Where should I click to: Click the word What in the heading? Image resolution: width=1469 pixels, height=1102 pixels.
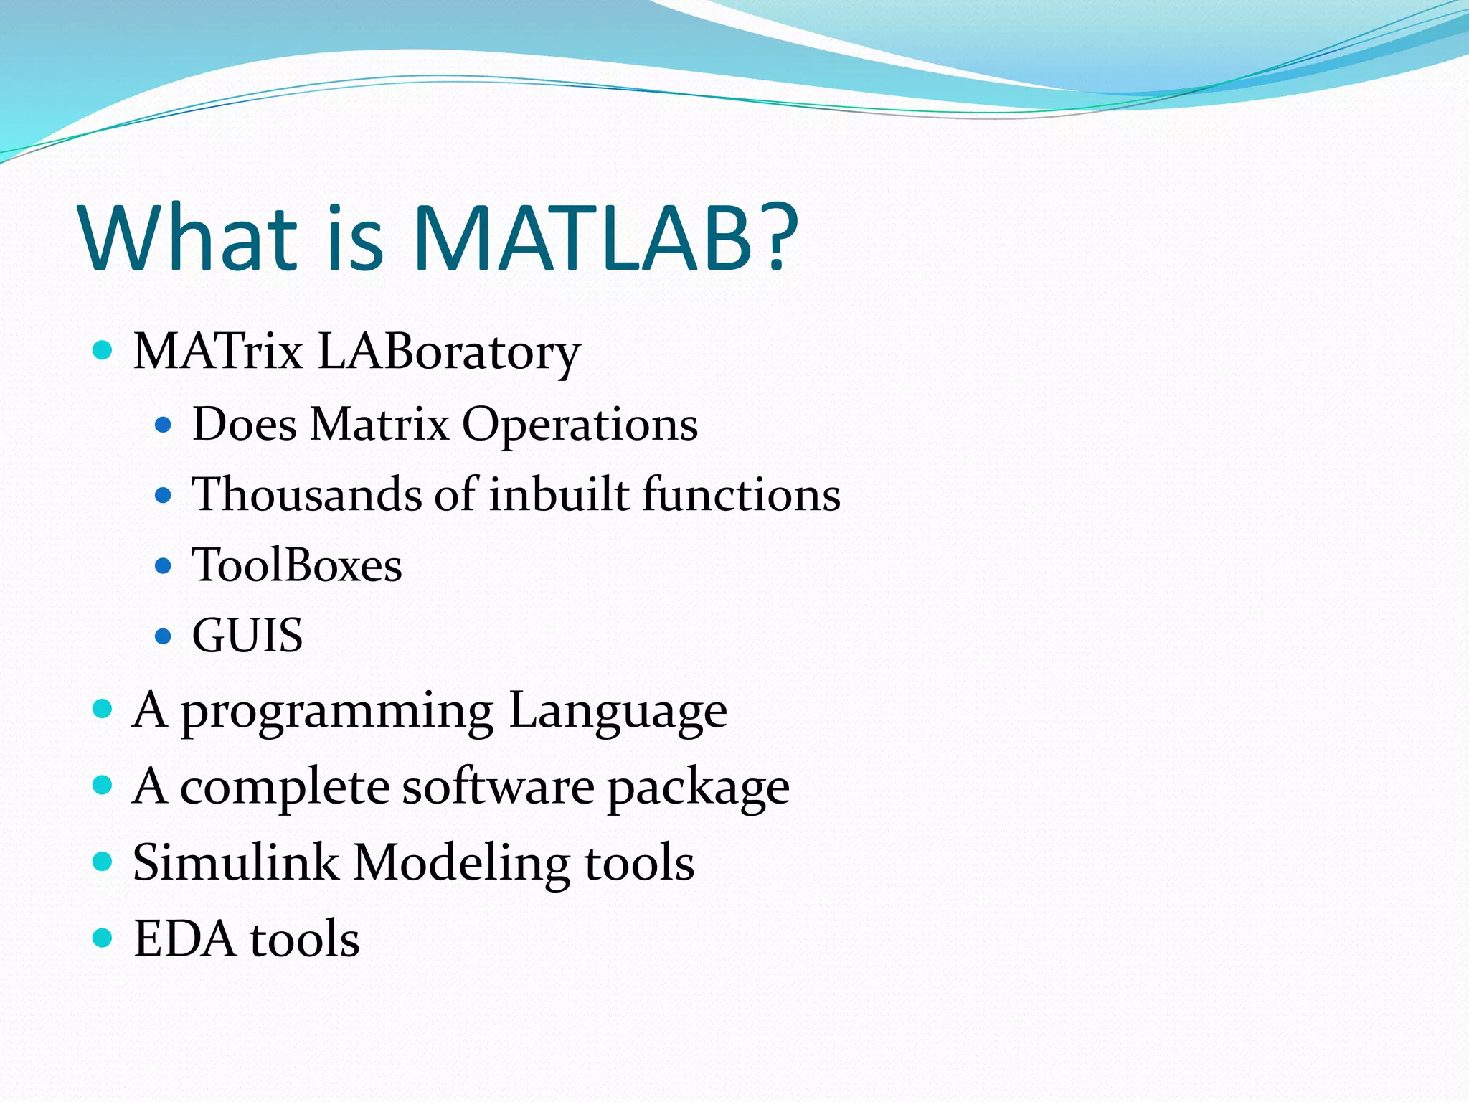(189, 238)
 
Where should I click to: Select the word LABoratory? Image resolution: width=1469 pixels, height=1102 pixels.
(448, 353)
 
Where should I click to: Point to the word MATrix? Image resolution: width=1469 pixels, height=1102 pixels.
(218, 352)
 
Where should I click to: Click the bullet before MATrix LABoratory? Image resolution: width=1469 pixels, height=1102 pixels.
(103, 351)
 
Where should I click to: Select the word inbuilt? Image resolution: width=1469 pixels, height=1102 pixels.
(559, 494)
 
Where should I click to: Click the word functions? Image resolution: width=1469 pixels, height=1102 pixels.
(741, 494)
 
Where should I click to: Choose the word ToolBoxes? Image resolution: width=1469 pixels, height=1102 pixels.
(297, 565)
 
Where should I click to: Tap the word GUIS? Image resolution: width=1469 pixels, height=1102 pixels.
(247, 636)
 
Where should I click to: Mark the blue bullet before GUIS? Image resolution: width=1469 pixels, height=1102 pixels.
(164, 636)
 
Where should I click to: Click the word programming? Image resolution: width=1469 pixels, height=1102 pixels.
(336, 712)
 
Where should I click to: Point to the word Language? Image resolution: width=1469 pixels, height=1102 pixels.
(618, 712)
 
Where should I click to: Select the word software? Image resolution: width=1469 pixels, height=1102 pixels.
(498, 787)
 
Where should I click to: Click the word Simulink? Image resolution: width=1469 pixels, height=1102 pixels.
(235, 862)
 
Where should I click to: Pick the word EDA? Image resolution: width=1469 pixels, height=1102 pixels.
(184, 938)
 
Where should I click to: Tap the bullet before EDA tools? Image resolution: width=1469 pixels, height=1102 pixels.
(103, 938)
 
